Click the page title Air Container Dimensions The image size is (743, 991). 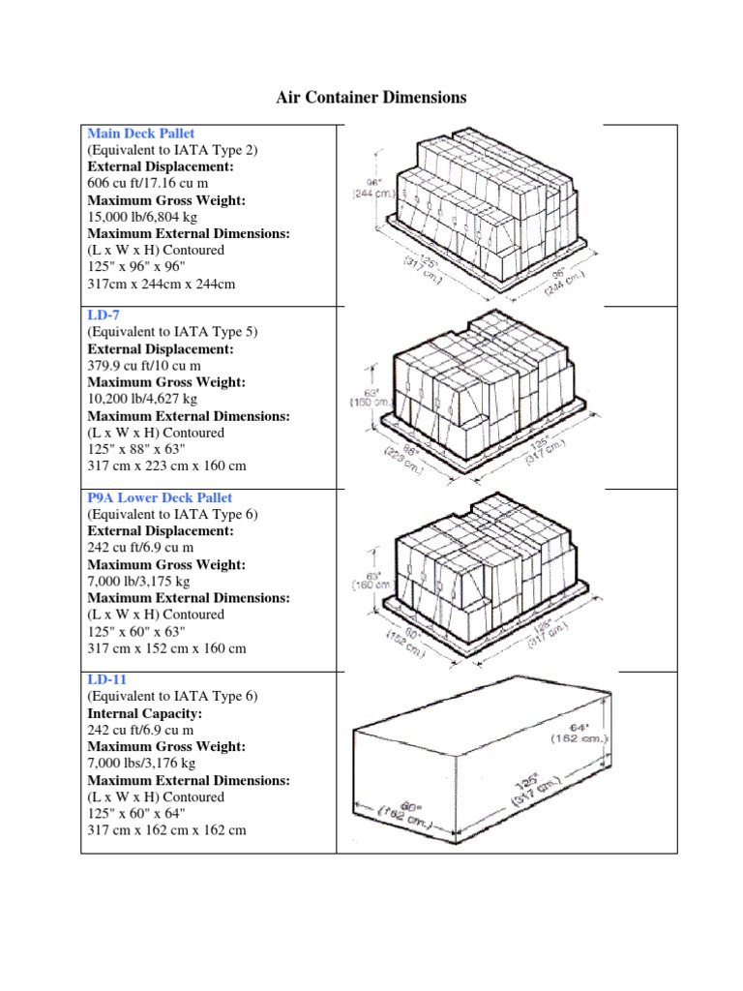coord(371,98)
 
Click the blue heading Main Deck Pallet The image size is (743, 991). coord(140,133)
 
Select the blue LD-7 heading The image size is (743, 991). coord(104,315)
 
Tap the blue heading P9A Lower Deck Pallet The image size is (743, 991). coord(160,497)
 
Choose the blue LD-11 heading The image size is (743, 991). coord(107,679)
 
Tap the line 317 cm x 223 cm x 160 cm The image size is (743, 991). coord(166,465)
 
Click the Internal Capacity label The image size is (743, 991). coord(139,713)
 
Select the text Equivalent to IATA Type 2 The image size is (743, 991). coord(172,150)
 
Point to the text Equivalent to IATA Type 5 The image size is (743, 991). coord(172,332)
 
